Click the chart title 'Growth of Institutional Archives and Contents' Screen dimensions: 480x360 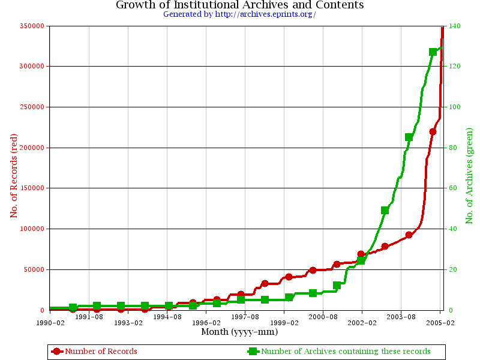click(239, 5)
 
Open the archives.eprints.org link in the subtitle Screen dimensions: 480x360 click(265, 14)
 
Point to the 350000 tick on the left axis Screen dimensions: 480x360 click(32, 26)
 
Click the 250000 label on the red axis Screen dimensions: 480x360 click(32, 107)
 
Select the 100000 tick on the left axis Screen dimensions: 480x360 click(32, 229)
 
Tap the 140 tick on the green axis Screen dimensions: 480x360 click(455, 26)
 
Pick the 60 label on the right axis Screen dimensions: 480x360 click(453, 188)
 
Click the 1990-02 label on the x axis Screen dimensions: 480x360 click(50, 323)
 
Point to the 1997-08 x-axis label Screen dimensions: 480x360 click(245, 317)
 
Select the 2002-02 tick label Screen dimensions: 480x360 click(362, 323)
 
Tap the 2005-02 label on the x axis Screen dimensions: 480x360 click(440, 323)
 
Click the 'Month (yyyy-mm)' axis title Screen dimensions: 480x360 click(239, 332)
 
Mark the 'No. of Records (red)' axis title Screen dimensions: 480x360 click(14, 176)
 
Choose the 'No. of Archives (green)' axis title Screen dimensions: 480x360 click(469, 176)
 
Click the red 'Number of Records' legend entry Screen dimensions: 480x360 click(94, 351)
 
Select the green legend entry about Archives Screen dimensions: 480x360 click(339, 351)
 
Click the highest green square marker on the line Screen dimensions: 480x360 click(433, 52)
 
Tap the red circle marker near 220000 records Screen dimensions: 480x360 click(433, 131)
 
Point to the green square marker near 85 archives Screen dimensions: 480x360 click(409, 137)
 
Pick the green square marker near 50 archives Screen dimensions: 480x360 click(385, 211)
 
